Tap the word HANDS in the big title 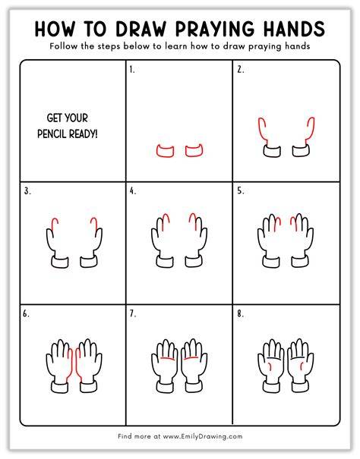294,29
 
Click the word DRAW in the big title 141,29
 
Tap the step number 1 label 132,70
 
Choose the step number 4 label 133,191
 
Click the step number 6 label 26,314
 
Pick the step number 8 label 241,314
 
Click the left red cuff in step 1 165,151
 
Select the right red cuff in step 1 194,150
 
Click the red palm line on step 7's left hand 168,359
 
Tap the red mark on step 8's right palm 302,366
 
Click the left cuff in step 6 60,387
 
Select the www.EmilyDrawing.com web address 203,436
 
